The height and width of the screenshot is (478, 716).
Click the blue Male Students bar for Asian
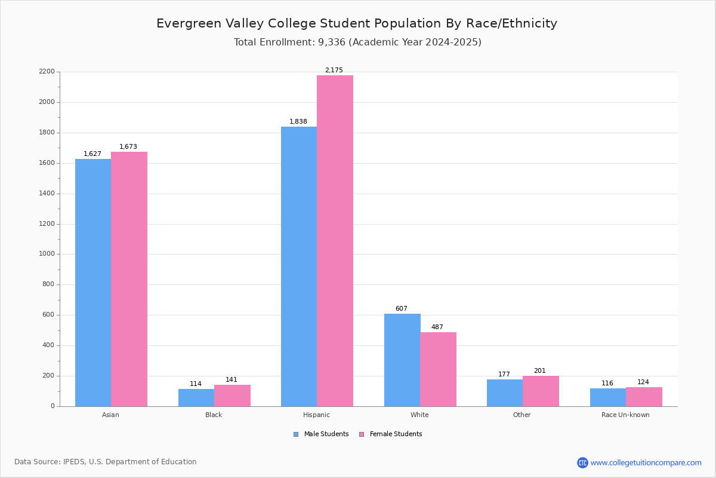(93, 283)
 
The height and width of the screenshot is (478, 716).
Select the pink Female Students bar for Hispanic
(335, 241)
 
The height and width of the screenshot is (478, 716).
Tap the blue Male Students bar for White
(402, 360)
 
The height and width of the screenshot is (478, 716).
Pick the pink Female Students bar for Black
(232, 396)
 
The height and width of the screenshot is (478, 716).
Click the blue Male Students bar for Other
(505, 393)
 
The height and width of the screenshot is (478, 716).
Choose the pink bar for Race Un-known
(644, 397)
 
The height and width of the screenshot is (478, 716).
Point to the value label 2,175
(334, 70)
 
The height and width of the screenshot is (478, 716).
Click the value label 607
(402, 308)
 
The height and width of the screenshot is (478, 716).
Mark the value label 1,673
(128, 146)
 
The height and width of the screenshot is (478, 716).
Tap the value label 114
(196, 384)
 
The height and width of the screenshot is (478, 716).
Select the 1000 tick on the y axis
(47, 254)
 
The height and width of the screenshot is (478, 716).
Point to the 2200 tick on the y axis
(47, 71)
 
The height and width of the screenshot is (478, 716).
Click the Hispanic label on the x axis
(316, 415)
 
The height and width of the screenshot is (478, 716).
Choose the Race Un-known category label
(625, 415)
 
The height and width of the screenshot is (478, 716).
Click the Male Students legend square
(296, 434)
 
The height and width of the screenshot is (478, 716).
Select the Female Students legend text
(396, 434)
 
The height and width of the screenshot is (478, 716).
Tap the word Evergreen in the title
(189, 24)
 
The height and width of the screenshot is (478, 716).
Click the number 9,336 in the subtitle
(332, 42)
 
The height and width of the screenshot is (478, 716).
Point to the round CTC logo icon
(582, 462)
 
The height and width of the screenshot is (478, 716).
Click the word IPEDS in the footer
(75, 462)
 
